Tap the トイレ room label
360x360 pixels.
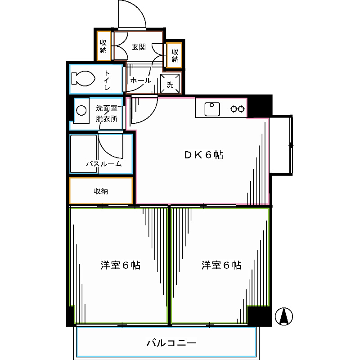108,79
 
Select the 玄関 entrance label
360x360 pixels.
139,47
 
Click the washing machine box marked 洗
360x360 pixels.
170,84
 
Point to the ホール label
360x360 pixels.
140,81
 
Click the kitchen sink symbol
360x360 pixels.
211,109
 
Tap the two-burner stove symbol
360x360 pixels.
238,109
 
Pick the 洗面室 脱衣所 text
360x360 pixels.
107,114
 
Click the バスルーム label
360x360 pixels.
104,164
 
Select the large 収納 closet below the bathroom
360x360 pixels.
101,191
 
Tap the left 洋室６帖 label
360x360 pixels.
120,265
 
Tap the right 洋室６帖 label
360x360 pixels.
221,265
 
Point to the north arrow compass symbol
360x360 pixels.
284,316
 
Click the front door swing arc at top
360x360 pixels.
133,15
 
